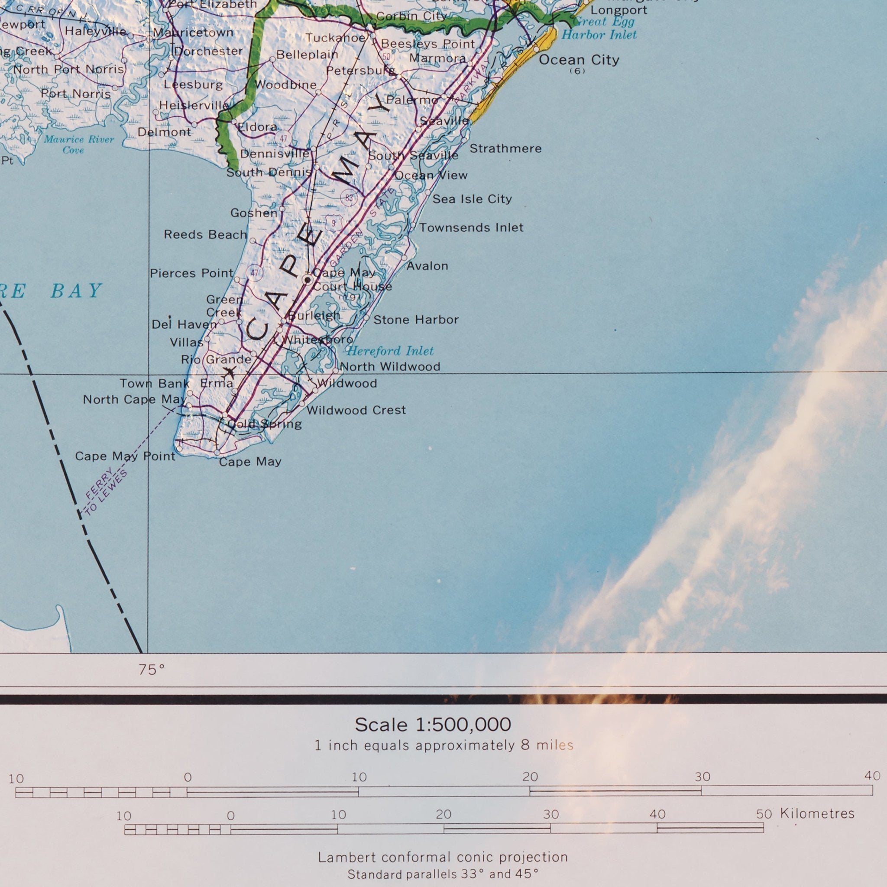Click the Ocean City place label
click(x=579, y=60)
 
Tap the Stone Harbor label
click(x=415, y=320)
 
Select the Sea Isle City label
click(x=472, y=199)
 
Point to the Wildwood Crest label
click(x=356, y=410)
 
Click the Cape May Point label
click(x=125, y=456)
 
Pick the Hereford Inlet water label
click(x=390, y=351)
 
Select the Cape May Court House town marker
click(x=308, y=279)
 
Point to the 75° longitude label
click(x=152, y=670)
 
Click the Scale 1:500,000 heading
click(x=433, y=725)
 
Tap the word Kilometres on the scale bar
click(x=817, y=813)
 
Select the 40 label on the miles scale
click(x=872, y=776)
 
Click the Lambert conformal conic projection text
click(x=443, y=857)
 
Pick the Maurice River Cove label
click(x=78, y=145)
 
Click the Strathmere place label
click(x=505, y=148)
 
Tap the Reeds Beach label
click(x=205, y=235)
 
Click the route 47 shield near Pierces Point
click(x=255, y=273)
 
